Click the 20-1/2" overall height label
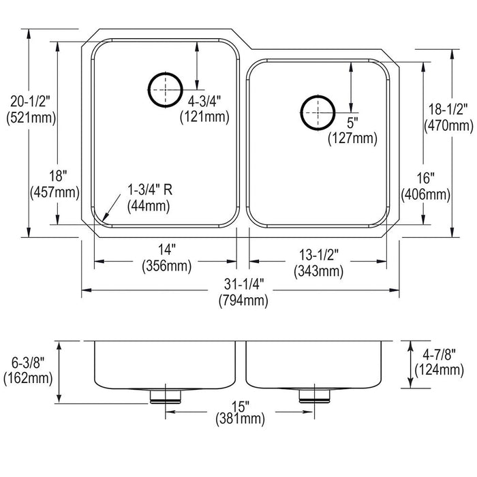click(x=30, y=102)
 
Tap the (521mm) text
click(x=31, y=118)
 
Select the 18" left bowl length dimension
click(x=58, y=176)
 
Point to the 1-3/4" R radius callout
click(x=150, y=190)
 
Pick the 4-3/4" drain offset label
click(x=204, y=102)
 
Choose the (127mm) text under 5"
click(x=352, y=139)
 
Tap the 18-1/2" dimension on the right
click(x=448, y=110)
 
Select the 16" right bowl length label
click(x=426, y=179)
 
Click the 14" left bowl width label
click(x=167, y=250)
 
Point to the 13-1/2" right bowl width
click(x=319, y=255)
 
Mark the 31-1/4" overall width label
click(x=244, y=284)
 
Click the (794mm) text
click(x=244, y=301)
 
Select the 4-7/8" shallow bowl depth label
click(x=440, y=354)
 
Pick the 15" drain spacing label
click(x=241, y=406)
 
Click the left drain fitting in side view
click(x=166, y=397)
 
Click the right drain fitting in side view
click(x=315, y=396)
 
